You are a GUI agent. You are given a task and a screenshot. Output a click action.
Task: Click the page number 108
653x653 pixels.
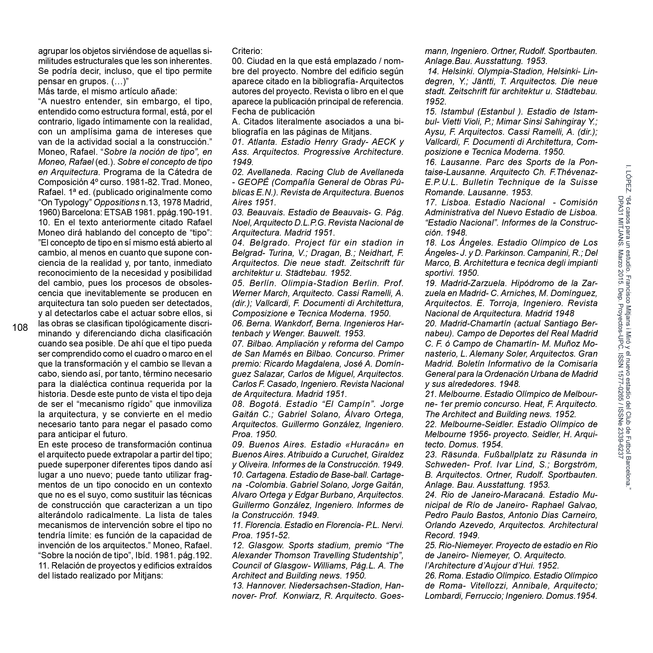pos(20,327)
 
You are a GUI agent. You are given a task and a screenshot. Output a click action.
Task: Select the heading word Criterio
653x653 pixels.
pos(246,51)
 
